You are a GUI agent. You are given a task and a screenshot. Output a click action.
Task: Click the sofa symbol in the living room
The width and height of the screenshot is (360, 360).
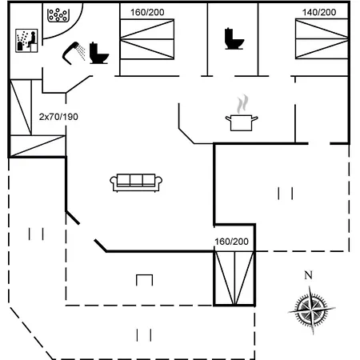click(x=136, y=182)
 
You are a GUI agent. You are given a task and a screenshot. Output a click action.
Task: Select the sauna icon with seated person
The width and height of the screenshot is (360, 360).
click(x=26, y=41)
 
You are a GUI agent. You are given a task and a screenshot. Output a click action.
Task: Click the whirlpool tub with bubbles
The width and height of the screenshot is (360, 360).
click(x=58, y=15)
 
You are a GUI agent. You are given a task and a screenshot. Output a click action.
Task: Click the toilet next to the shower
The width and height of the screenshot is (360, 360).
click(x=98, y=53)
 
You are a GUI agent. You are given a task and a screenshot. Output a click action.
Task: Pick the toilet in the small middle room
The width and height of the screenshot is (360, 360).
click(x=234, y=38)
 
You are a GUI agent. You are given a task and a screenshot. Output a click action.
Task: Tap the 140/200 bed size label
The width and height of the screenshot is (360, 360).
click(x=319, y=12)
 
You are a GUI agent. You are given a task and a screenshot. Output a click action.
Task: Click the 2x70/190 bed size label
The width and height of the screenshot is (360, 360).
click(x=58, y=117)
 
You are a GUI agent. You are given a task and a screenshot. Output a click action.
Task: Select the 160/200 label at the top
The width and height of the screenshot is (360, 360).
click(x=147, y=12)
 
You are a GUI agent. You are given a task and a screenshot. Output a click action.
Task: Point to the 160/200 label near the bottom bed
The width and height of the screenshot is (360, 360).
click(x=231, y=242)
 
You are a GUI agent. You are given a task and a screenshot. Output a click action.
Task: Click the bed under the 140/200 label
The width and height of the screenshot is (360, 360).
click(x=322, y=39)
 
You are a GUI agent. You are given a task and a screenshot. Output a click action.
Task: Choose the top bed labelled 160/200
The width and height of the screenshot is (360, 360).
click(x=147, y=39)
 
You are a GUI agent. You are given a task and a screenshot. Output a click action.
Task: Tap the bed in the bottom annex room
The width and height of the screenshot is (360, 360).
click(x=234, y=278)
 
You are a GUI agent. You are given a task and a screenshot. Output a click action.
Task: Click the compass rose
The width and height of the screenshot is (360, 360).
click(x=311, y=310)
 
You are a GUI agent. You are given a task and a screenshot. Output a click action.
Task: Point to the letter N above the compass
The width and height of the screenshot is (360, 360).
click(x=308, y=275)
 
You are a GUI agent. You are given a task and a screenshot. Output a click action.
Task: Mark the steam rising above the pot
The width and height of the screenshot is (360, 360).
click(x=242, y=104)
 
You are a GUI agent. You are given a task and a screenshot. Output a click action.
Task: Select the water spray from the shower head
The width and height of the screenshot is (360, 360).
click(x=81, y=53)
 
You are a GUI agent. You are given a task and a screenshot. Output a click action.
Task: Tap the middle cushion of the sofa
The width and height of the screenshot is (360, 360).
click(x=136, y=180)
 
